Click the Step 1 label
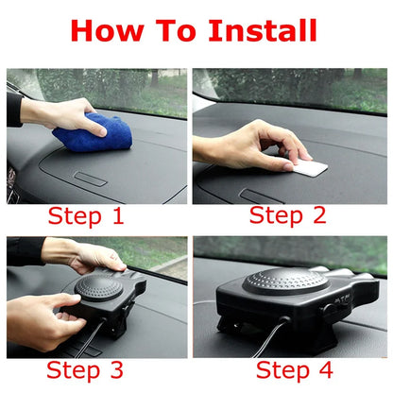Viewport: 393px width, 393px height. [86, 216]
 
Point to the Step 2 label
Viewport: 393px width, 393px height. [287, 216]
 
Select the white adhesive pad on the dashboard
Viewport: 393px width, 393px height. [309, 167]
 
